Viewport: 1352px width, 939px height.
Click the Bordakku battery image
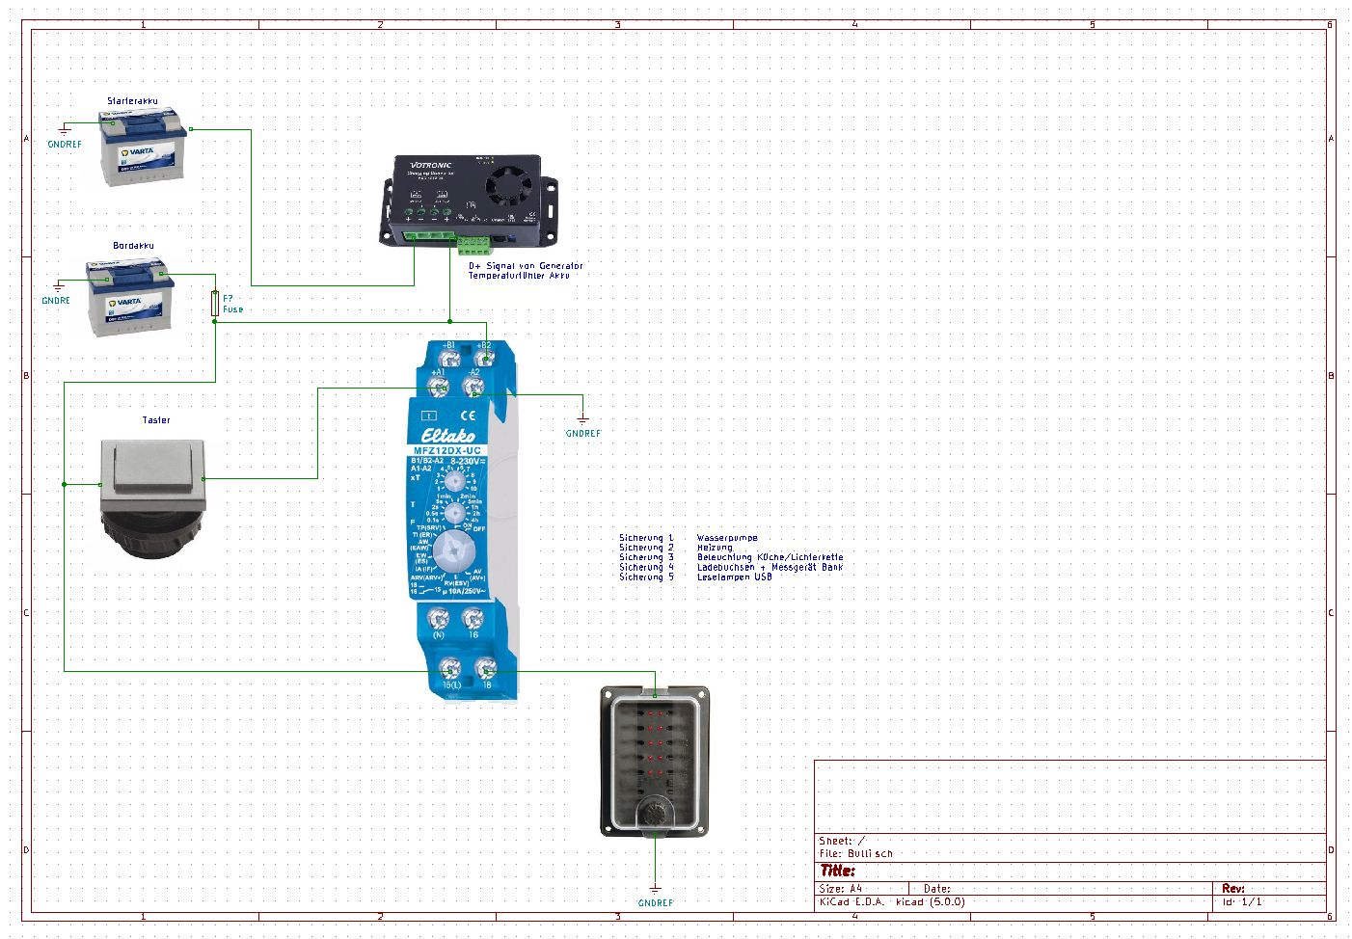point(130,296)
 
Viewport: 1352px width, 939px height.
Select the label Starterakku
point(132,100)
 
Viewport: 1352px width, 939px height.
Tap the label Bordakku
point(133,246)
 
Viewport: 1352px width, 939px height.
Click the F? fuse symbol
point(215,304)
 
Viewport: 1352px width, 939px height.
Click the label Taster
point(156,420)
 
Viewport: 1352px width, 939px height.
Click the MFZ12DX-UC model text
point(453,450)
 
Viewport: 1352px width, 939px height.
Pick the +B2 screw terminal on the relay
point(484,358)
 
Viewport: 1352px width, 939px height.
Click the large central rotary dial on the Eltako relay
point(453,552)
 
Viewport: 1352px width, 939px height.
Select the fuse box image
point(655,761)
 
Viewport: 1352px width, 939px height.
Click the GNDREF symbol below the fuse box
point(655,893)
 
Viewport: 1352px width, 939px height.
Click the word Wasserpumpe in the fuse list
point(727,538)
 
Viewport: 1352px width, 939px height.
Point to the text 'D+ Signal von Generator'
point(526,266)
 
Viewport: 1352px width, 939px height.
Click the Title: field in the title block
point(837,871)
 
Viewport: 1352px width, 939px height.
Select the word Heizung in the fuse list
point(715,548)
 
